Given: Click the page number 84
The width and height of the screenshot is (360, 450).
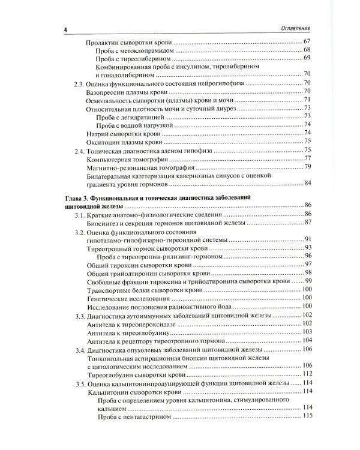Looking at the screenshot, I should click(305, 183).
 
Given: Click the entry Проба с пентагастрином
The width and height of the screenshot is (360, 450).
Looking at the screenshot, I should click(131, 416).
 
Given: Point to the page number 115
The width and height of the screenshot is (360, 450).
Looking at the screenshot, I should click(305, 416).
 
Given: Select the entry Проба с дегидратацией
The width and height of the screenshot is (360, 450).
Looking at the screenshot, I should click(127, 116).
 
